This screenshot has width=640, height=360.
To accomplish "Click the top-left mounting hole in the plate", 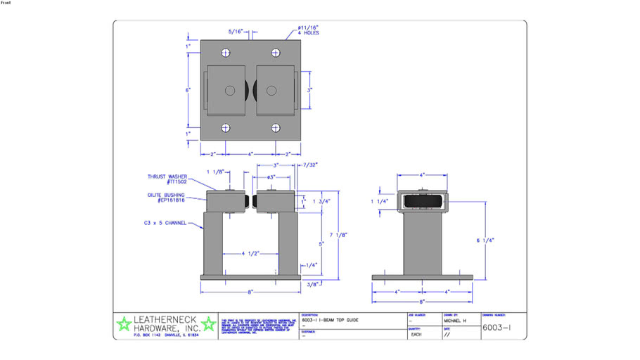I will [225, 53].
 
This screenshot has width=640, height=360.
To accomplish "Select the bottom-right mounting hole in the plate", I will [275, 128].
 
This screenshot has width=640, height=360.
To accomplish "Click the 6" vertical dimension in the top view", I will [188, 90].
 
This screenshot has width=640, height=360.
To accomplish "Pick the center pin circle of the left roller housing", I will [230, 90].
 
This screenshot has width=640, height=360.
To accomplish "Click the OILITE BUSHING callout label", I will [166, 198].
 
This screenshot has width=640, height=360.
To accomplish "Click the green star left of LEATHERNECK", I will [124, 323].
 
